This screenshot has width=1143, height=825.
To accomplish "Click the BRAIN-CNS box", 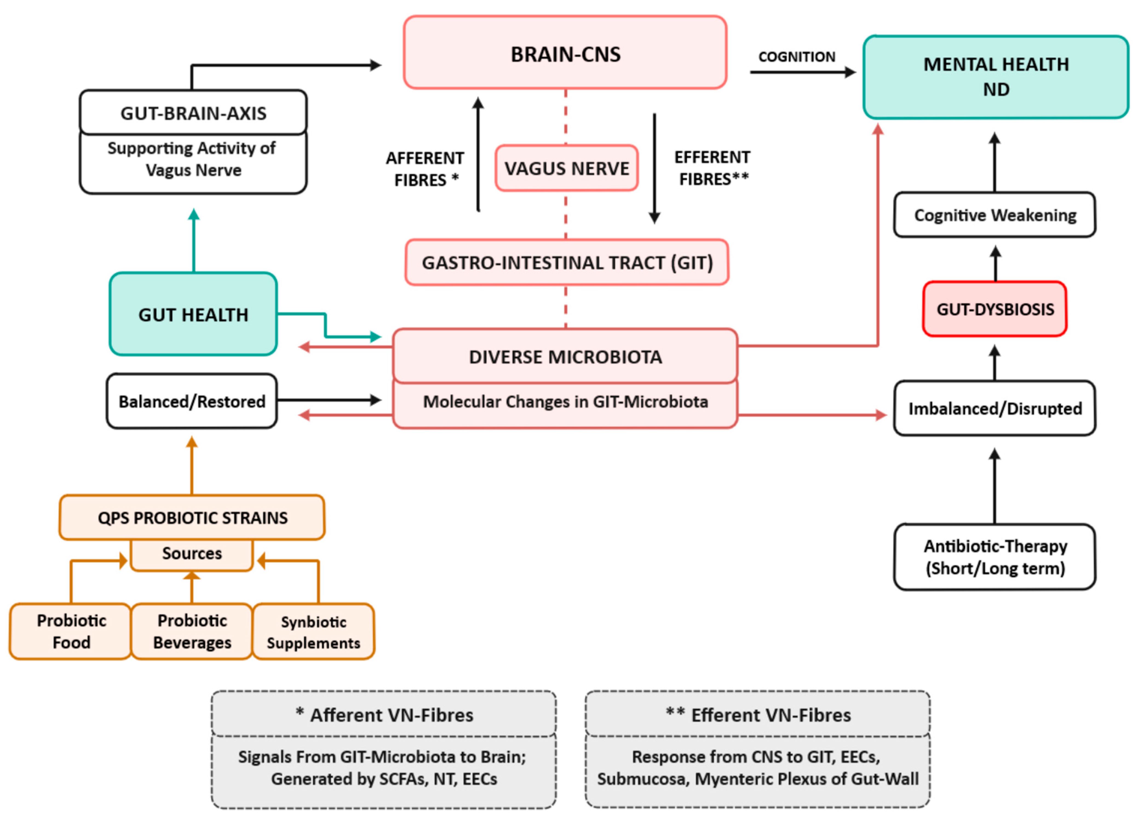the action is (x=565, y=52).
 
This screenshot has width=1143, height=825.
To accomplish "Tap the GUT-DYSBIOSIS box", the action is (x=995, y=309).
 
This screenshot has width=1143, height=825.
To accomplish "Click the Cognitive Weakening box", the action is (x=995, y=215).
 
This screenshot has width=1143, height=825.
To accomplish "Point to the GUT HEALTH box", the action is (x=194, y=314).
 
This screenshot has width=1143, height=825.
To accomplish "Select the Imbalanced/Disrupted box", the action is (x=995, y=408).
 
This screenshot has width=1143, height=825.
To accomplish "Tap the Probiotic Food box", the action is (x=71, y=631).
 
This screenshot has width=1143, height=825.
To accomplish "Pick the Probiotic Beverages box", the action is (x=192, y=631).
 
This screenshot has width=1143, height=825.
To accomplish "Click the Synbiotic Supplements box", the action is (x=314, y=631).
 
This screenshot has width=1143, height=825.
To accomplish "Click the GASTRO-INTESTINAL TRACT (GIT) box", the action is (x=567, y=262).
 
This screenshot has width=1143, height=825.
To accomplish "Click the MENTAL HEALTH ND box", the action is (x=996, y=77).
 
